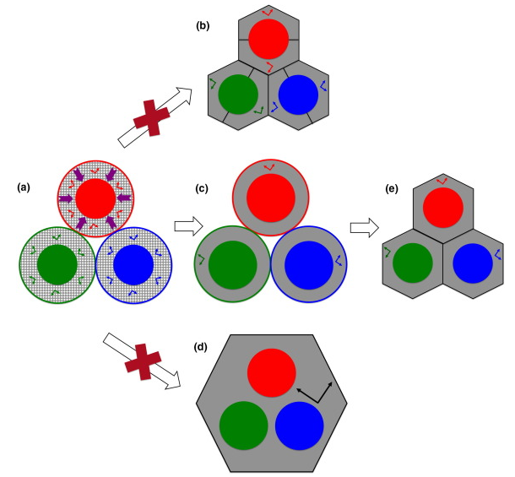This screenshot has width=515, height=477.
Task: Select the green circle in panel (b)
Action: (x=237, y=96)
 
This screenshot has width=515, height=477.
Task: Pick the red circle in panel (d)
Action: (x=272, y=371)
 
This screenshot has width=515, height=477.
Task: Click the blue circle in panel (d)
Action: (x=300, y=425)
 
